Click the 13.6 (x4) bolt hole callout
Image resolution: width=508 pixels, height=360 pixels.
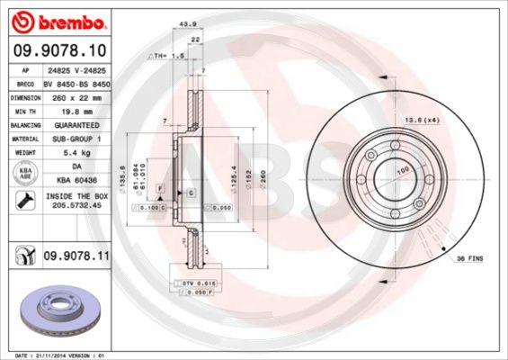442,120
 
